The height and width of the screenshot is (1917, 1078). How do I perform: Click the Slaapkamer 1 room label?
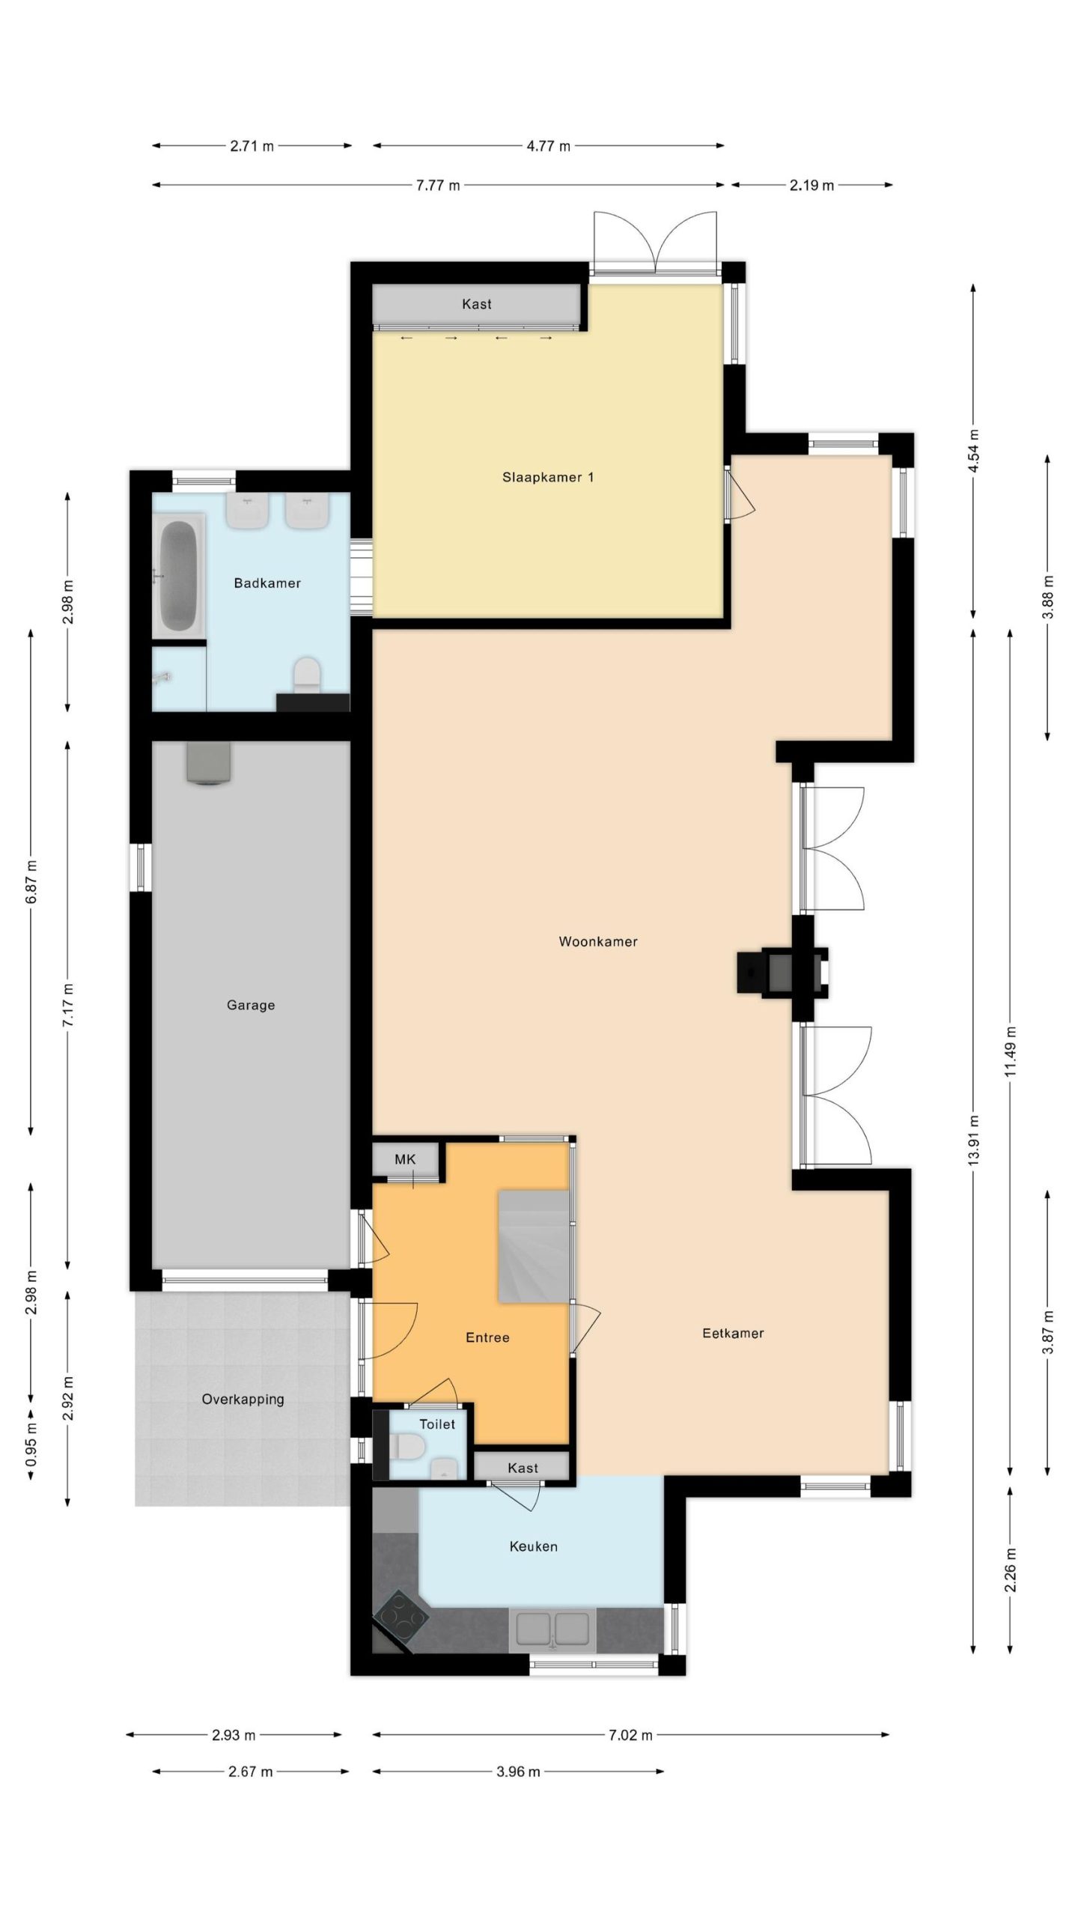point(548,477)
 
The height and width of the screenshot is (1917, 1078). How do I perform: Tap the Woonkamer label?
point(598,941)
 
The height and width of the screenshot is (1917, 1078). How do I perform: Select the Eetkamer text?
point(733,1333)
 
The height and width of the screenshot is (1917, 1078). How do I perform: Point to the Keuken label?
point(533,1546)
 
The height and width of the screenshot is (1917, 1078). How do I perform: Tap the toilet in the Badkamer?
point(306,675)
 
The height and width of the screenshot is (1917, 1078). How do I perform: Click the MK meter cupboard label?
point(405,1159)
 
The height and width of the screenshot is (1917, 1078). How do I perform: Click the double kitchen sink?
point(552,1630)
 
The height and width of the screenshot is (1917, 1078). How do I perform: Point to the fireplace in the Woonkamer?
point(782,973)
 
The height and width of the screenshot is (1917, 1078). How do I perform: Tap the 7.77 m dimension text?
point(438,185)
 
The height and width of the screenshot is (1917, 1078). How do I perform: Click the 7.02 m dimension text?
point(630,1734)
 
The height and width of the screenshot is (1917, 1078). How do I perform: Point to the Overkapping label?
point(243,1399)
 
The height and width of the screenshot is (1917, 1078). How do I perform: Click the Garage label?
point(251,1005)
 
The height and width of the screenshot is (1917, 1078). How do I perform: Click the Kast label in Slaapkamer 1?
point(477,304)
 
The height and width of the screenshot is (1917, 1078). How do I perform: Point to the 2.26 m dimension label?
point(1011,1570)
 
